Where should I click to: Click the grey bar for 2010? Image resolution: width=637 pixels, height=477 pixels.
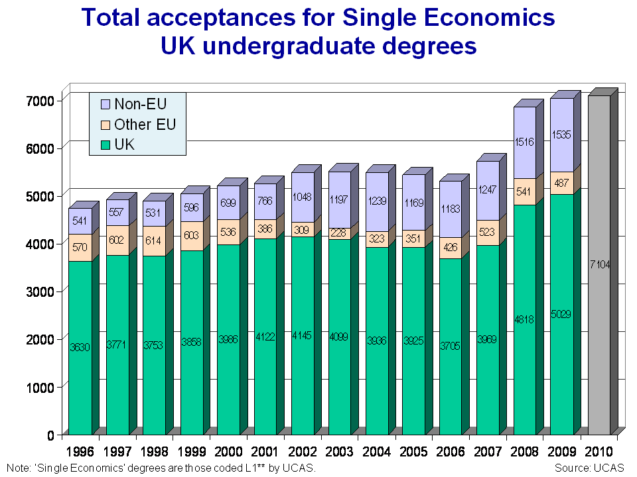click(599, 265)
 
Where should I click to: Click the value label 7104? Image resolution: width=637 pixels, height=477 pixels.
click(599, 265)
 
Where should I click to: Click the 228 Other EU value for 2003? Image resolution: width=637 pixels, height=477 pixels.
click(339, 233)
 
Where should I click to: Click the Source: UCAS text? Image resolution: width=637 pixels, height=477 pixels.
click(589, 468)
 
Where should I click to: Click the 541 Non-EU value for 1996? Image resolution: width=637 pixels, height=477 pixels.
click(80, 221)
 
